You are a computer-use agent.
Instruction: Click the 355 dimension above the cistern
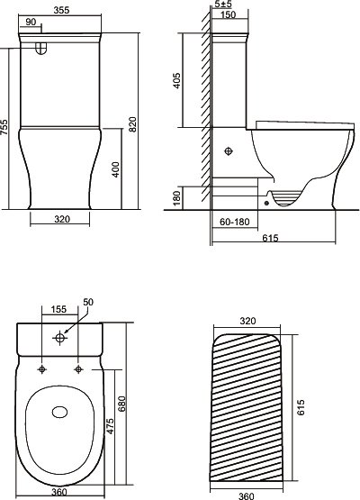pos(61,10)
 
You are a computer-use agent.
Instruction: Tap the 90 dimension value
pos(31,22)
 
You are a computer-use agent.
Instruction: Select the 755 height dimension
pos(4,127)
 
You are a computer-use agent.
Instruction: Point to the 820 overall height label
pos(133,124)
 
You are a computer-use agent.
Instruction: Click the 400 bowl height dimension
pos(116,169)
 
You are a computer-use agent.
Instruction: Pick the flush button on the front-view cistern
pos(40,48)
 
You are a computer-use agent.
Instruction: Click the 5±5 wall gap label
pos(223,5)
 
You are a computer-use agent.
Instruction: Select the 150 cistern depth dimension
pos(228,14)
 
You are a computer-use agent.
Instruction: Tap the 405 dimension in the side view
pos(176,81)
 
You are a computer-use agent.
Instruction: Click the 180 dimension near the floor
pos(176,197)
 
